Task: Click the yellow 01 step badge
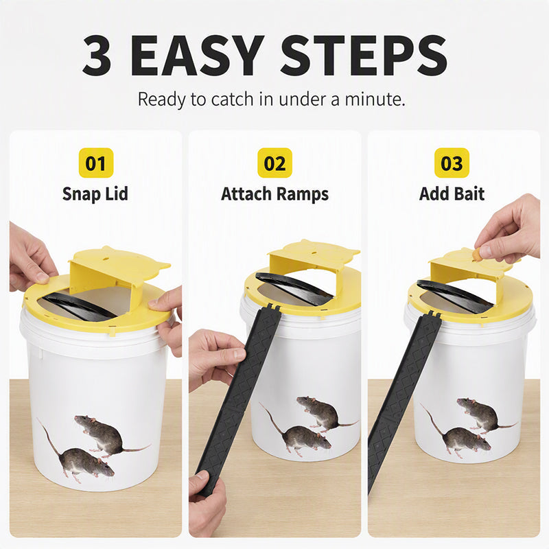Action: click(x=96, y=163)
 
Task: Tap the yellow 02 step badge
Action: click(x=275, y=163)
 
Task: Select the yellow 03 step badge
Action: click(x=452, y=163)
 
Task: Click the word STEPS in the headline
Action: click(x=364, y=56)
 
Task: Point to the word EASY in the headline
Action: click(x=198, y=56)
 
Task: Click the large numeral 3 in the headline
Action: click(x=97, y=56)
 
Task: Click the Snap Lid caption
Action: click(x=95, y=194)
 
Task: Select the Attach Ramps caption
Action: click(x=275, y=194)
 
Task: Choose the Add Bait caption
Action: click(x=452, y=194)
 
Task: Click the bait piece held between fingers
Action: click(x=476, y=254)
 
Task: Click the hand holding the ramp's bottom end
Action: click(x=207, y=504)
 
